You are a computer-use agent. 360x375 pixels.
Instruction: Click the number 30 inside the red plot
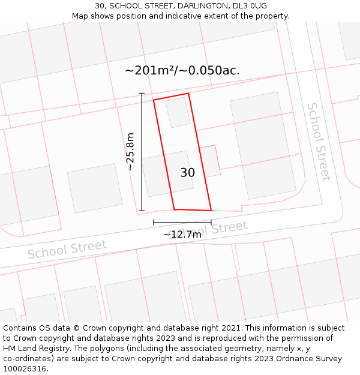pos(187,173)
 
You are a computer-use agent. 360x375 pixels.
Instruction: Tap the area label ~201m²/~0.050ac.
pos(182,70)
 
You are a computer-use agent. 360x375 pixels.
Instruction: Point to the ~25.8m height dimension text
pos(130,152)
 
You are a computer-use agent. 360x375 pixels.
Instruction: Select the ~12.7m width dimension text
pos(182,235)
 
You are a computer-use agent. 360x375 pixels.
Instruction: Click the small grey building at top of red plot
pos(178,112)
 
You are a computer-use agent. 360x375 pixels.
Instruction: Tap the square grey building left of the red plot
pos(95,188)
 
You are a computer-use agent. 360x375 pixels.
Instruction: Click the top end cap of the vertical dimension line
pos(142,94)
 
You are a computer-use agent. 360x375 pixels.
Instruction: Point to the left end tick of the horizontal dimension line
pos(154,223)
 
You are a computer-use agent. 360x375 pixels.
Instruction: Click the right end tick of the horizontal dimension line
pos(211,223)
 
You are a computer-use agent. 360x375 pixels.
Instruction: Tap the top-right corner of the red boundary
pos(188,93)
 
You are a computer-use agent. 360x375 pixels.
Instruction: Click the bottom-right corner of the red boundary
pos(211,211)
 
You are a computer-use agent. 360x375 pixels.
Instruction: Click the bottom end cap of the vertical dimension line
pos(142,211)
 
